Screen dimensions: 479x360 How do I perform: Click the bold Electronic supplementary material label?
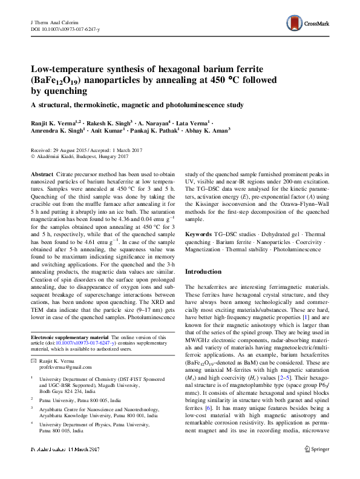(x=70, y=337)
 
